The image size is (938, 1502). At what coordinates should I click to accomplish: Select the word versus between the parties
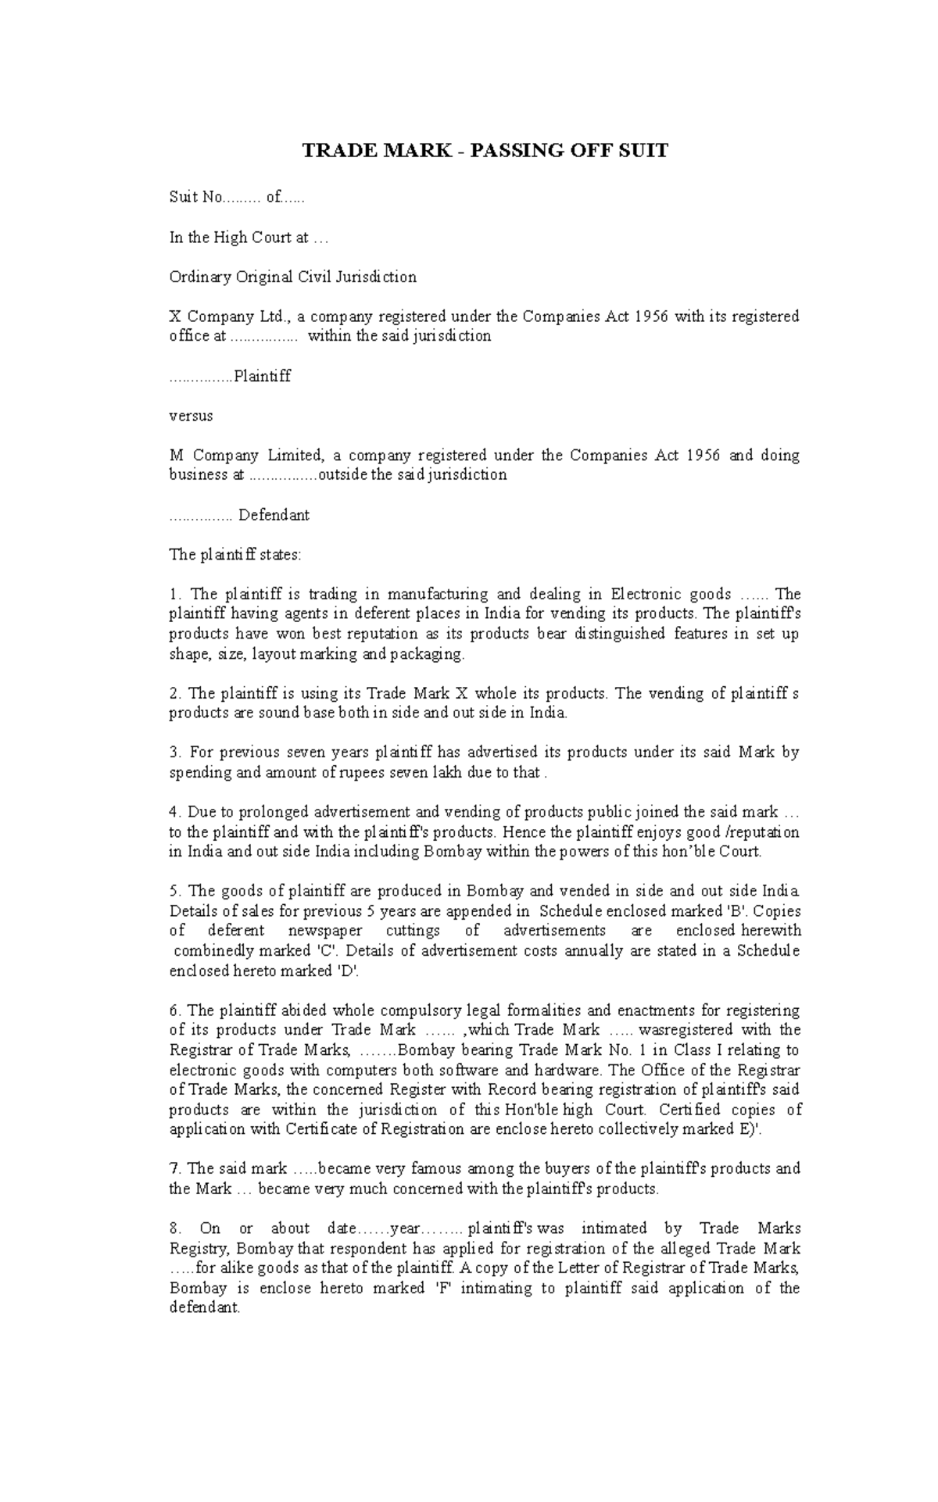point(191,416)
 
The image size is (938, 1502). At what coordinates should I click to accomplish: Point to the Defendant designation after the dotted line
point(274,515)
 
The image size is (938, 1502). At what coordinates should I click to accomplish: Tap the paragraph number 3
point(174,753)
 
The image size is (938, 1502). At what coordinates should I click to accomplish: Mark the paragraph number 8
point(174,1228)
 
